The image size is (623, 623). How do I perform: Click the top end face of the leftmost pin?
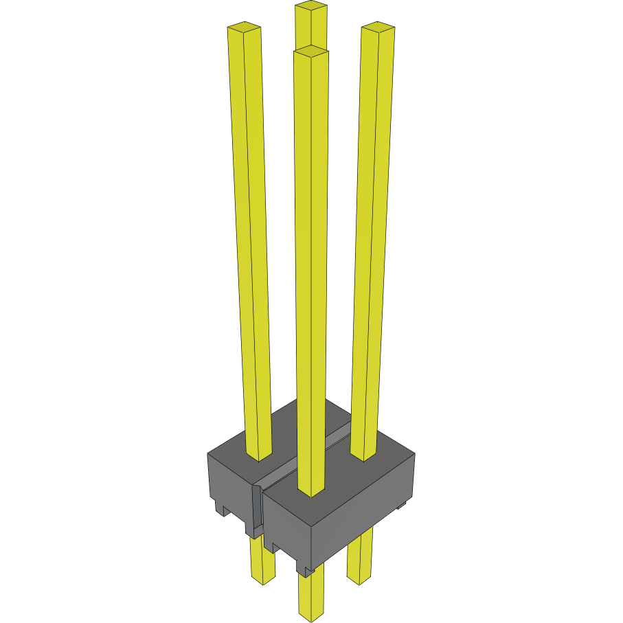coord(244,27)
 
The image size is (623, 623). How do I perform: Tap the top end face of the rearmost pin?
coord(310,8)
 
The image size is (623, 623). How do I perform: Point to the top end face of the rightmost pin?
coord(378,27)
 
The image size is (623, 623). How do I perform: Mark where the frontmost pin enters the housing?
coord(310,490)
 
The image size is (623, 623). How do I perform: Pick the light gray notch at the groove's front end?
coord(257,508)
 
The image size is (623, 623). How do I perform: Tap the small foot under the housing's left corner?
coord(223,509)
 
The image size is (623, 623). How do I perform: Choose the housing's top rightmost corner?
coord(414,454)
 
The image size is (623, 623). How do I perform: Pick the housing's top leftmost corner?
coord(208,454)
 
